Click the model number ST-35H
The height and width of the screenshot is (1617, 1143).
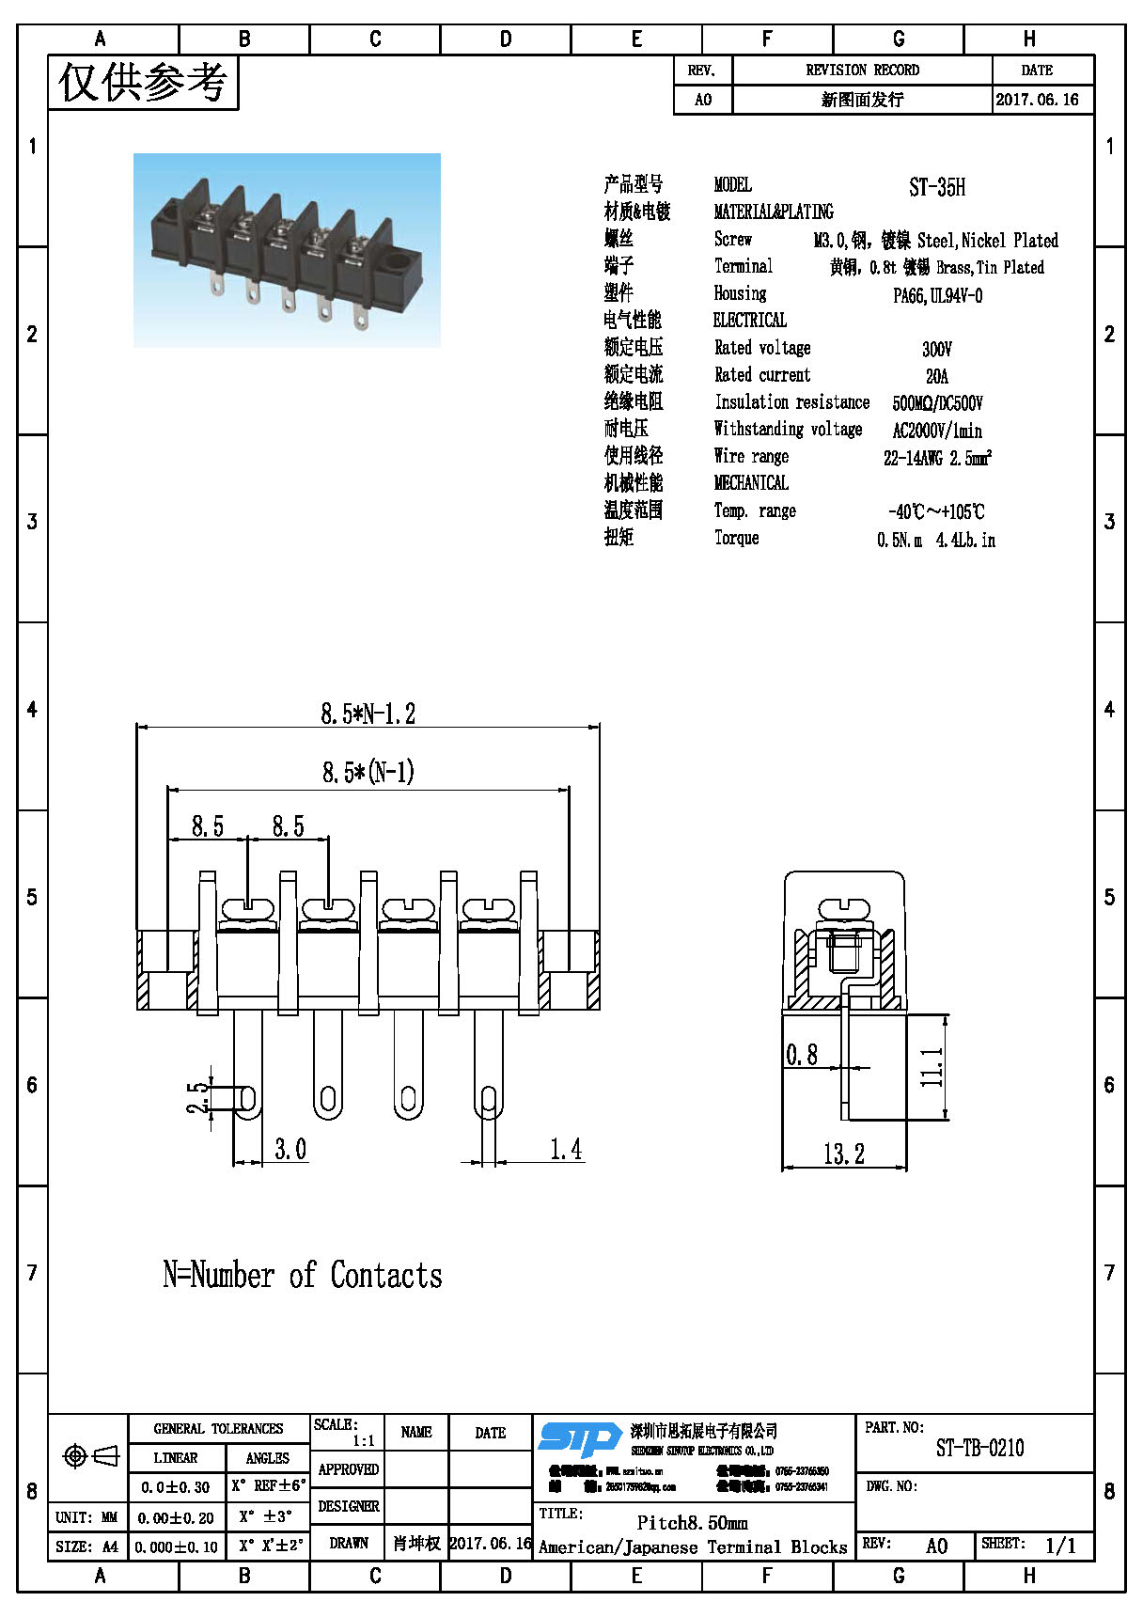pos(936,187)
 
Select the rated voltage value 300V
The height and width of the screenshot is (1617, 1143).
pos(936,350)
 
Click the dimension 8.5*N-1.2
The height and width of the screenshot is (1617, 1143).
pos(368,714)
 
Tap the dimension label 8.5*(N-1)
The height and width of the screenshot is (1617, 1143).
pos(368,773)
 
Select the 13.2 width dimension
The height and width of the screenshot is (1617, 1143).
pos(843,1154)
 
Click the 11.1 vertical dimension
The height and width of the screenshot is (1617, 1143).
pos(932,1067)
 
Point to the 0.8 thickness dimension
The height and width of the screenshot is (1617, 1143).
pos(802,1055)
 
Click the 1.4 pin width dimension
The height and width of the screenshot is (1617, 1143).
pos(565,1149)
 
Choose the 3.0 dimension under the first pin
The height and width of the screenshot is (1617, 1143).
pos(290,1149)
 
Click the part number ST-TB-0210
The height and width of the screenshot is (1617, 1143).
pos(979,1449)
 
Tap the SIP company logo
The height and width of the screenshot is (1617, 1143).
pos(579,1439)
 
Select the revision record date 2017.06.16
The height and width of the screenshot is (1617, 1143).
pos(1037,100)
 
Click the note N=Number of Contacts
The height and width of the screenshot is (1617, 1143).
pos(302,1276)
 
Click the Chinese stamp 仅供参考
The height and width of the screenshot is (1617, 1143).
pos(143,83)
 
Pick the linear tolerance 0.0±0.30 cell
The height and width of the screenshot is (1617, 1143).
pos(176,1487)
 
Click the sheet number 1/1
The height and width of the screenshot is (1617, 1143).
pos(1060,1546)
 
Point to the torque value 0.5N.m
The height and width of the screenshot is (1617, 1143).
pos(900,541)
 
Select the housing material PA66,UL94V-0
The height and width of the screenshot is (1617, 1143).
pos(937,296)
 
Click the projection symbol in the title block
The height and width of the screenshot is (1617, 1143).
pos(90,1456)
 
